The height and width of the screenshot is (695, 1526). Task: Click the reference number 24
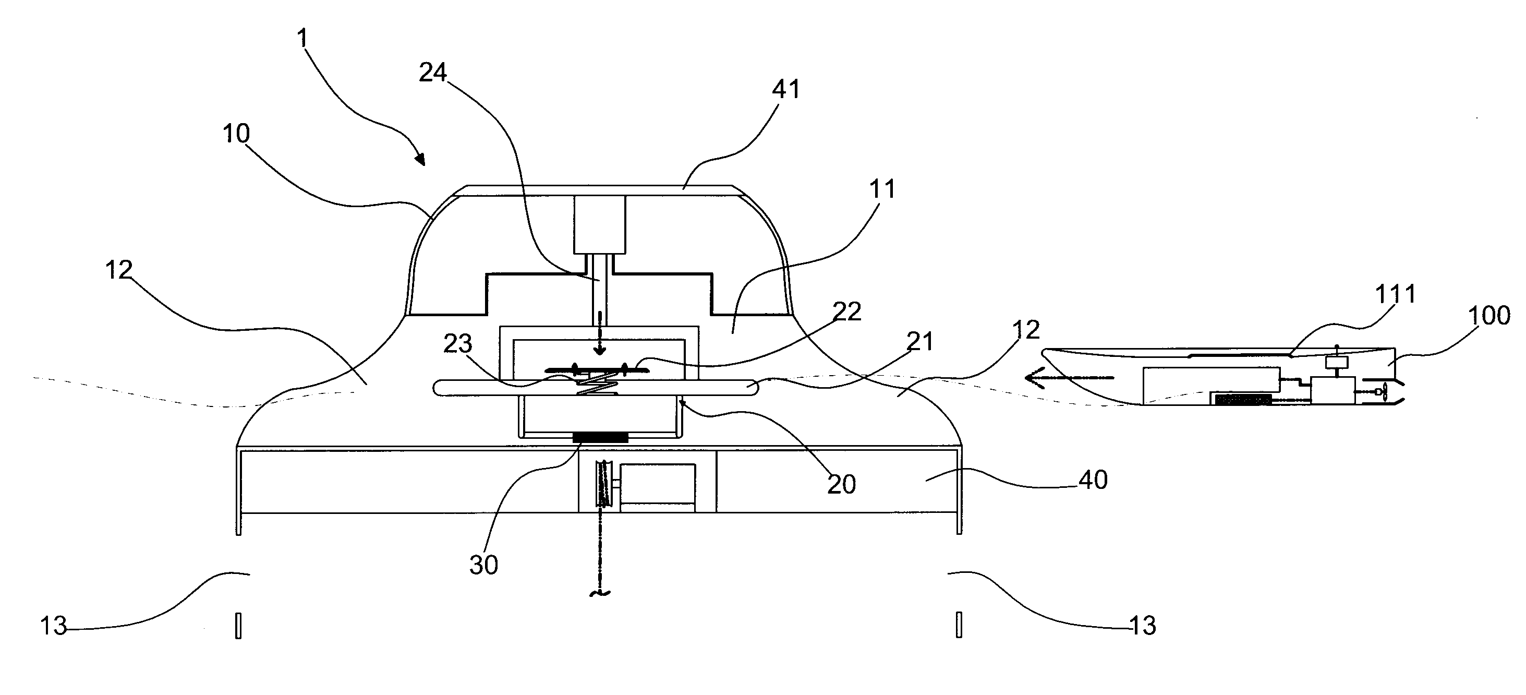433,73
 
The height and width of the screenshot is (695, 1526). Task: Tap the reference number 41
786,89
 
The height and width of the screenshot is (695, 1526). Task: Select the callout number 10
236,134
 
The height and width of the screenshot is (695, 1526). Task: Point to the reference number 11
882,189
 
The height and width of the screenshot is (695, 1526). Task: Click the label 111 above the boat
1396,294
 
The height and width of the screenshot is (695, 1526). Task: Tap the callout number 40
1093,480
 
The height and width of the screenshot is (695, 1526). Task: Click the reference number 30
484,565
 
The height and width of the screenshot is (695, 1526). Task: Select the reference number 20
842,485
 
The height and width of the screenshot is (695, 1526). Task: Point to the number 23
458,344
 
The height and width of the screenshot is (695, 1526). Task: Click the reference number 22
846,311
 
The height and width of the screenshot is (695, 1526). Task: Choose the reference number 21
920,341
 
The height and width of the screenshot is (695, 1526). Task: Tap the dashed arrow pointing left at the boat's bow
1069,377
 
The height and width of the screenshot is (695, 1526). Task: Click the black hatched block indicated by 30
600,437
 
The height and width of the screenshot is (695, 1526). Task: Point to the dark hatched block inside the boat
1242,399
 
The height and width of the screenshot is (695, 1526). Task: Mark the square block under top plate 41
600,225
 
